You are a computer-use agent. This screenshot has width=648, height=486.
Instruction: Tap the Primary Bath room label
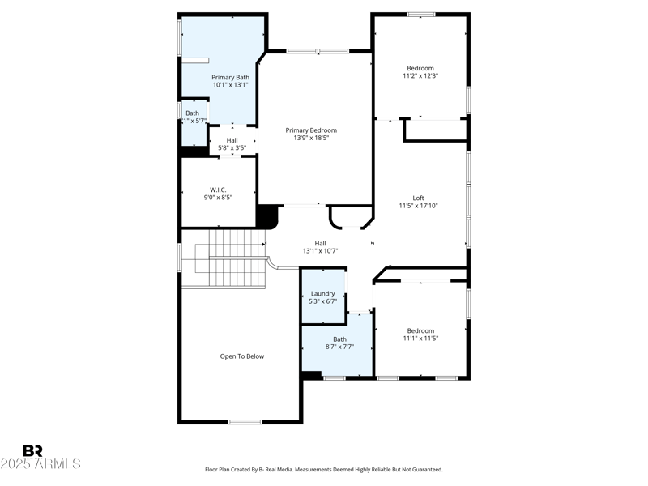click(231, 77)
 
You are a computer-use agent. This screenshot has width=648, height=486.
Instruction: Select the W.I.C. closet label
click(218, 189)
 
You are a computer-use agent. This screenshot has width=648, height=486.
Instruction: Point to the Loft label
click(418, 198)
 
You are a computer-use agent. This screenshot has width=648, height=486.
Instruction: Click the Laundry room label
click(322, 293)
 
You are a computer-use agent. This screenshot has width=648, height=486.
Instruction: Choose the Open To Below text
click(242, 356)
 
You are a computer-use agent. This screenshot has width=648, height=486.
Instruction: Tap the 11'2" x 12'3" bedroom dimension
click(420, 76)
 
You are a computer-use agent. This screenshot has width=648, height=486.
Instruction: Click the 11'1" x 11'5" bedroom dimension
click(420, 339)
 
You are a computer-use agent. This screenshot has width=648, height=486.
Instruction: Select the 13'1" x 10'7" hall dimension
click(320, 251)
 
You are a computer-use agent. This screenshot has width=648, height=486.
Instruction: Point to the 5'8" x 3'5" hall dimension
click(232, 148)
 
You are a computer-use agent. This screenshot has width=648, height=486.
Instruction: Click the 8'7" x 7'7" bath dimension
click(339, 347)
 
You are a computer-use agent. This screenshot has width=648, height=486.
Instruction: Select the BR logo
click(32, 451)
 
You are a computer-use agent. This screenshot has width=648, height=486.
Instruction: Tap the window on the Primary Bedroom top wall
click(318, 52)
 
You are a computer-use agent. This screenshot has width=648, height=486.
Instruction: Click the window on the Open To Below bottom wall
click(245, 421)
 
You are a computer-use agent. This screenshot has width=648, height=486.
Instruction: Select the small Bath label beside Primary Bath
click(192, 113)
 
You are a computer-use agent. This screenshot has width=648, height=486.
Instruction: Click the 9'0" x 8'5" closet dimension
click(218, 197)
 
